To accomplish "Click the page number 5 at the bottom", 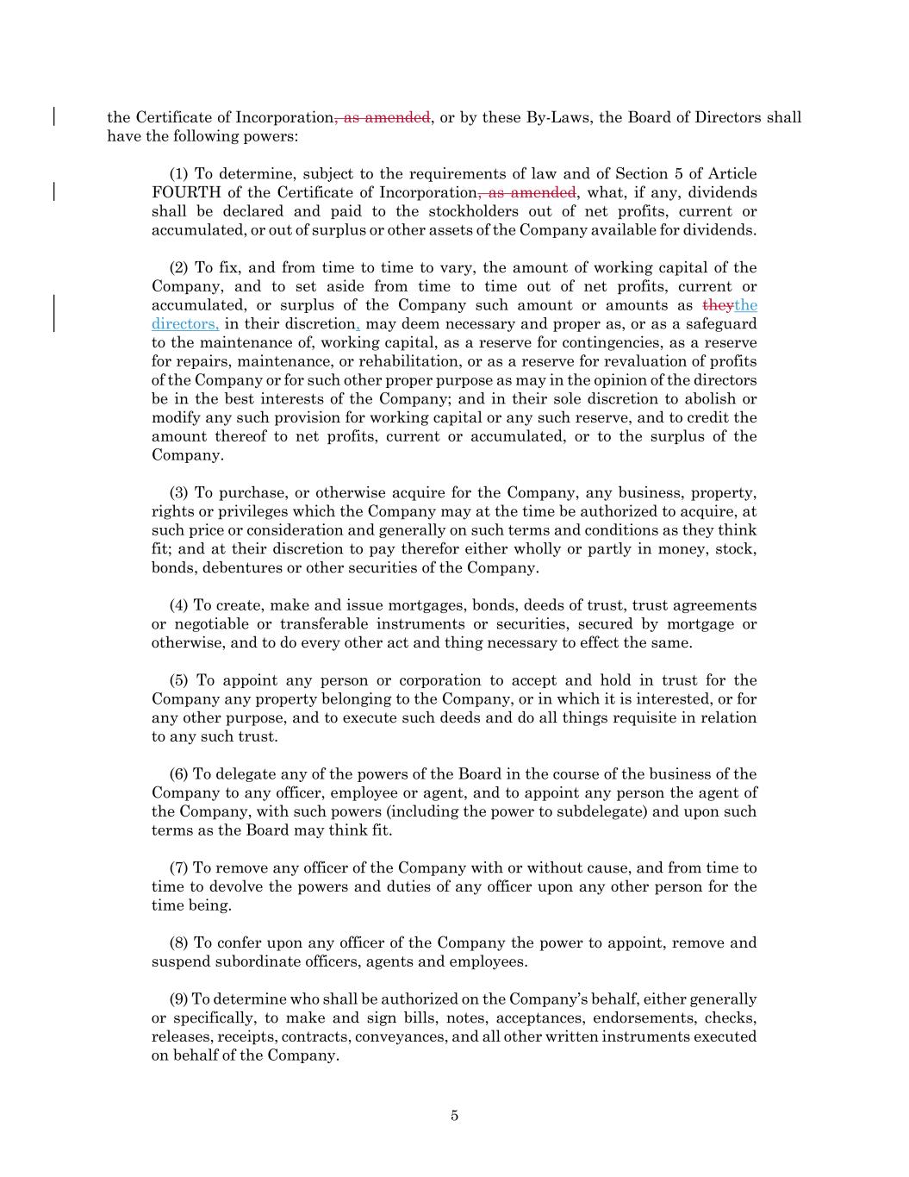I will pyautogui.click(x=454, y=1116).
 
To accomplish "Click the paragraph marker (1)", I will pyautogui.click(x=179, y=174).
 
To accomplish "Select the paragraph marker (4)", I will pyautogui.click(x=179, y=605).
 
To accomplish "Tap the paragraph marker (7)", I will pyautogui.click(x=179, y=867).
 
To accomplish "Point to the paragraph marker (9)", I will pyautogui.click(x=179, y=999).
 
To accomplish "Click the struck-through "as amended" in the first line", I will pyautogui.click(x=383, y=118).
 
